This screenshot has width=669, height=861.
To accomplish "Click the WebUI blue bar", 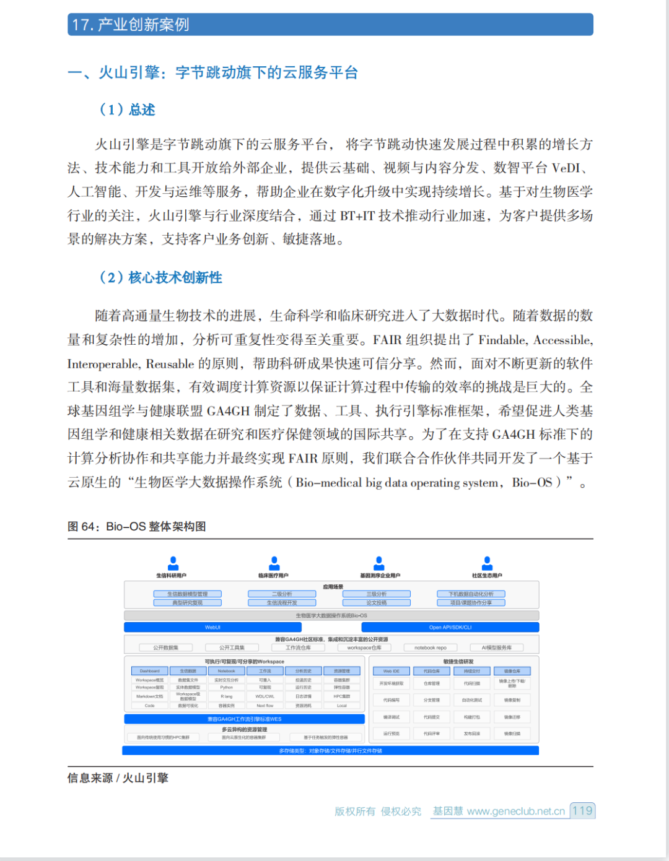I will (x=212, y=627).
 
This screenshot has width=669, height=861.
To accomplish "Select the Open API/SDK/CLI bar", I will (x=450, y=627).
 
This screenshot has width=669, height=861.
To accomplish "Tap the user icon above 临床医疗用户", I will (x=274, y=563).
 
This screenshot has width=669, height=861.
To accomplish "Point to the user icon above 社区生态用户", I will (x=487, y=563).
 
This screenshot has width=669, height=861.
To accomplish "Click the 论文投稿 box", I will (x=377, y=602).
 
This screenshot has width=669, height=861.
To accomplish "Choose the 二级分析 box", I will (x=282, y=594).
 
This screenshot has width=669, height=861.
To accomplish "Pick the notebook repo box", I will (x=431, y=647).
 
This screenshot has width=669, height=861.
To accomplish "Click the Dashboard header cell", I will (x=149, y=671).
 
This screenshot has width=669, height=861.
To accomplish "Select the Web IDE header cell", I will (x=391, y=671).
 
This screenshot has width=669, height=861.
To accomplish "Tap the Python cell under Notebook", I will (x=227, y=687).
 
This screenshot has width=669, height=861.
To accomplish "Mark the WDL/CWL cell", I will (x=265, y=696).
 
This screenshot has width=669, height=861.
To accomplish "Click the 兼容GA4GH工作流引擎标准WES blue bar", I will (x=244, y=719).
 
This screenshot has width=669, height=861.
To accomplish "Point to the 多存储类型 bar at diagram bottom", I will (x=330, y=751).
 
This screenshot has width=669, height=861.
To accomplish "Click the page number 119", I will (x=582, y=811).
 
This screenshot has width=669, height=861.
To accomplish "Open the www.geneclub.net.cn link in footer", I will (x=516, y=811).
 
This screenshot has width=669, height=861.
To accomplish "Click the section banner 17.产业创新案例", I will (x=330, y=25).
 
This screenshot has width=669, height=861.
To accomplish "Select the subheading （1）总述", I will (x=127, y=110).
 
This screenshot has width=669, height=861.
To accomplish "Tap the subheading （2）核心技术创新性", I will (x=160, y=277).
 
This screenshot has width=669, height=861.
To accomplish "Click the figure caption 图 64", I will (x=136, y=527).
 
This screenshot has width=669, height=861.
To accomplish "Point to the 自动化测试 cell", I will (x=472, y=700).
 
